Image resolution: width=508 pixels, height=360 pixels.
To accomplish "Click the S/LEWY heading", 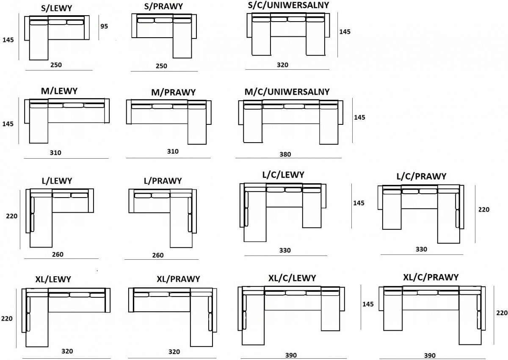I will pos(58,8).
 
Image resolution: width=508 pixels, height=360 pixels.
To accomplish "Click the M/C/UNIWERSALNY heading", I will pos(287,92).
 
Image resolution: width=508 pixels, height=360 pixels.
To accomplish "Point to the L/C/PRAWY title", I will pos(422,176).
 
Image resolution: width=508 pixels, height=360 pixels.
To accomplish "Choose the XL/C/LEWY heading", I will pos(292,278).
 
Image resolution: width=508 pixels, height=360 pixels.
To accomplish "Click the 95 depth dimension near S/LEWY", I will pos(104,26).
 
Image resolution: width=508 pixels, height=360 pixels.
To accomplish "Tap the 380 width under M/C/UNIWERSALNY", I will pos(285,154).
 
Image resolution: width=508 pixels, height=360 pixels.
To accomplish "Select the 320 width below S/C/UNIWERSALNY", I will pos(282,65).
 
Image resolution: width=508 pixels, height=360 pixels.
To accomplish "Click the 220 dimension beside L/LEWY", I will pos(11,216).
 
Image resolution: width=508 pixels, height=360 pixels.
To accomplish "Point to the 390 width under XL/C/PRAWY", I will pos(429,356).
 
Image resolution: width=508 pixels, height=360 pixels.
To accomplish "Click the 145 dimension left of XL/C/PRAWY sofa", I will pos(368,304).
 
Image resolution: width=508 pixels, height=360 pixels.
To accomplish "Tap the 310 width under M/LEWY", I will pos(55,152).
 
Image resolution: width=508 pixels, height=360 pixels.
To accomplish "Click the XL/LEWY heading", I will pos(53,279).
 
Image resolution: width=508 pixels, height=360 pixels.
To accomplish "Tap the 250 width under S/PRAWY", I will pos(161,66).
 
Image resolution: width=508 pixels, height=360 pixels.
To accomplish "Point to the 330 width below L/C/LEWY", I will pos(285,250).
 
